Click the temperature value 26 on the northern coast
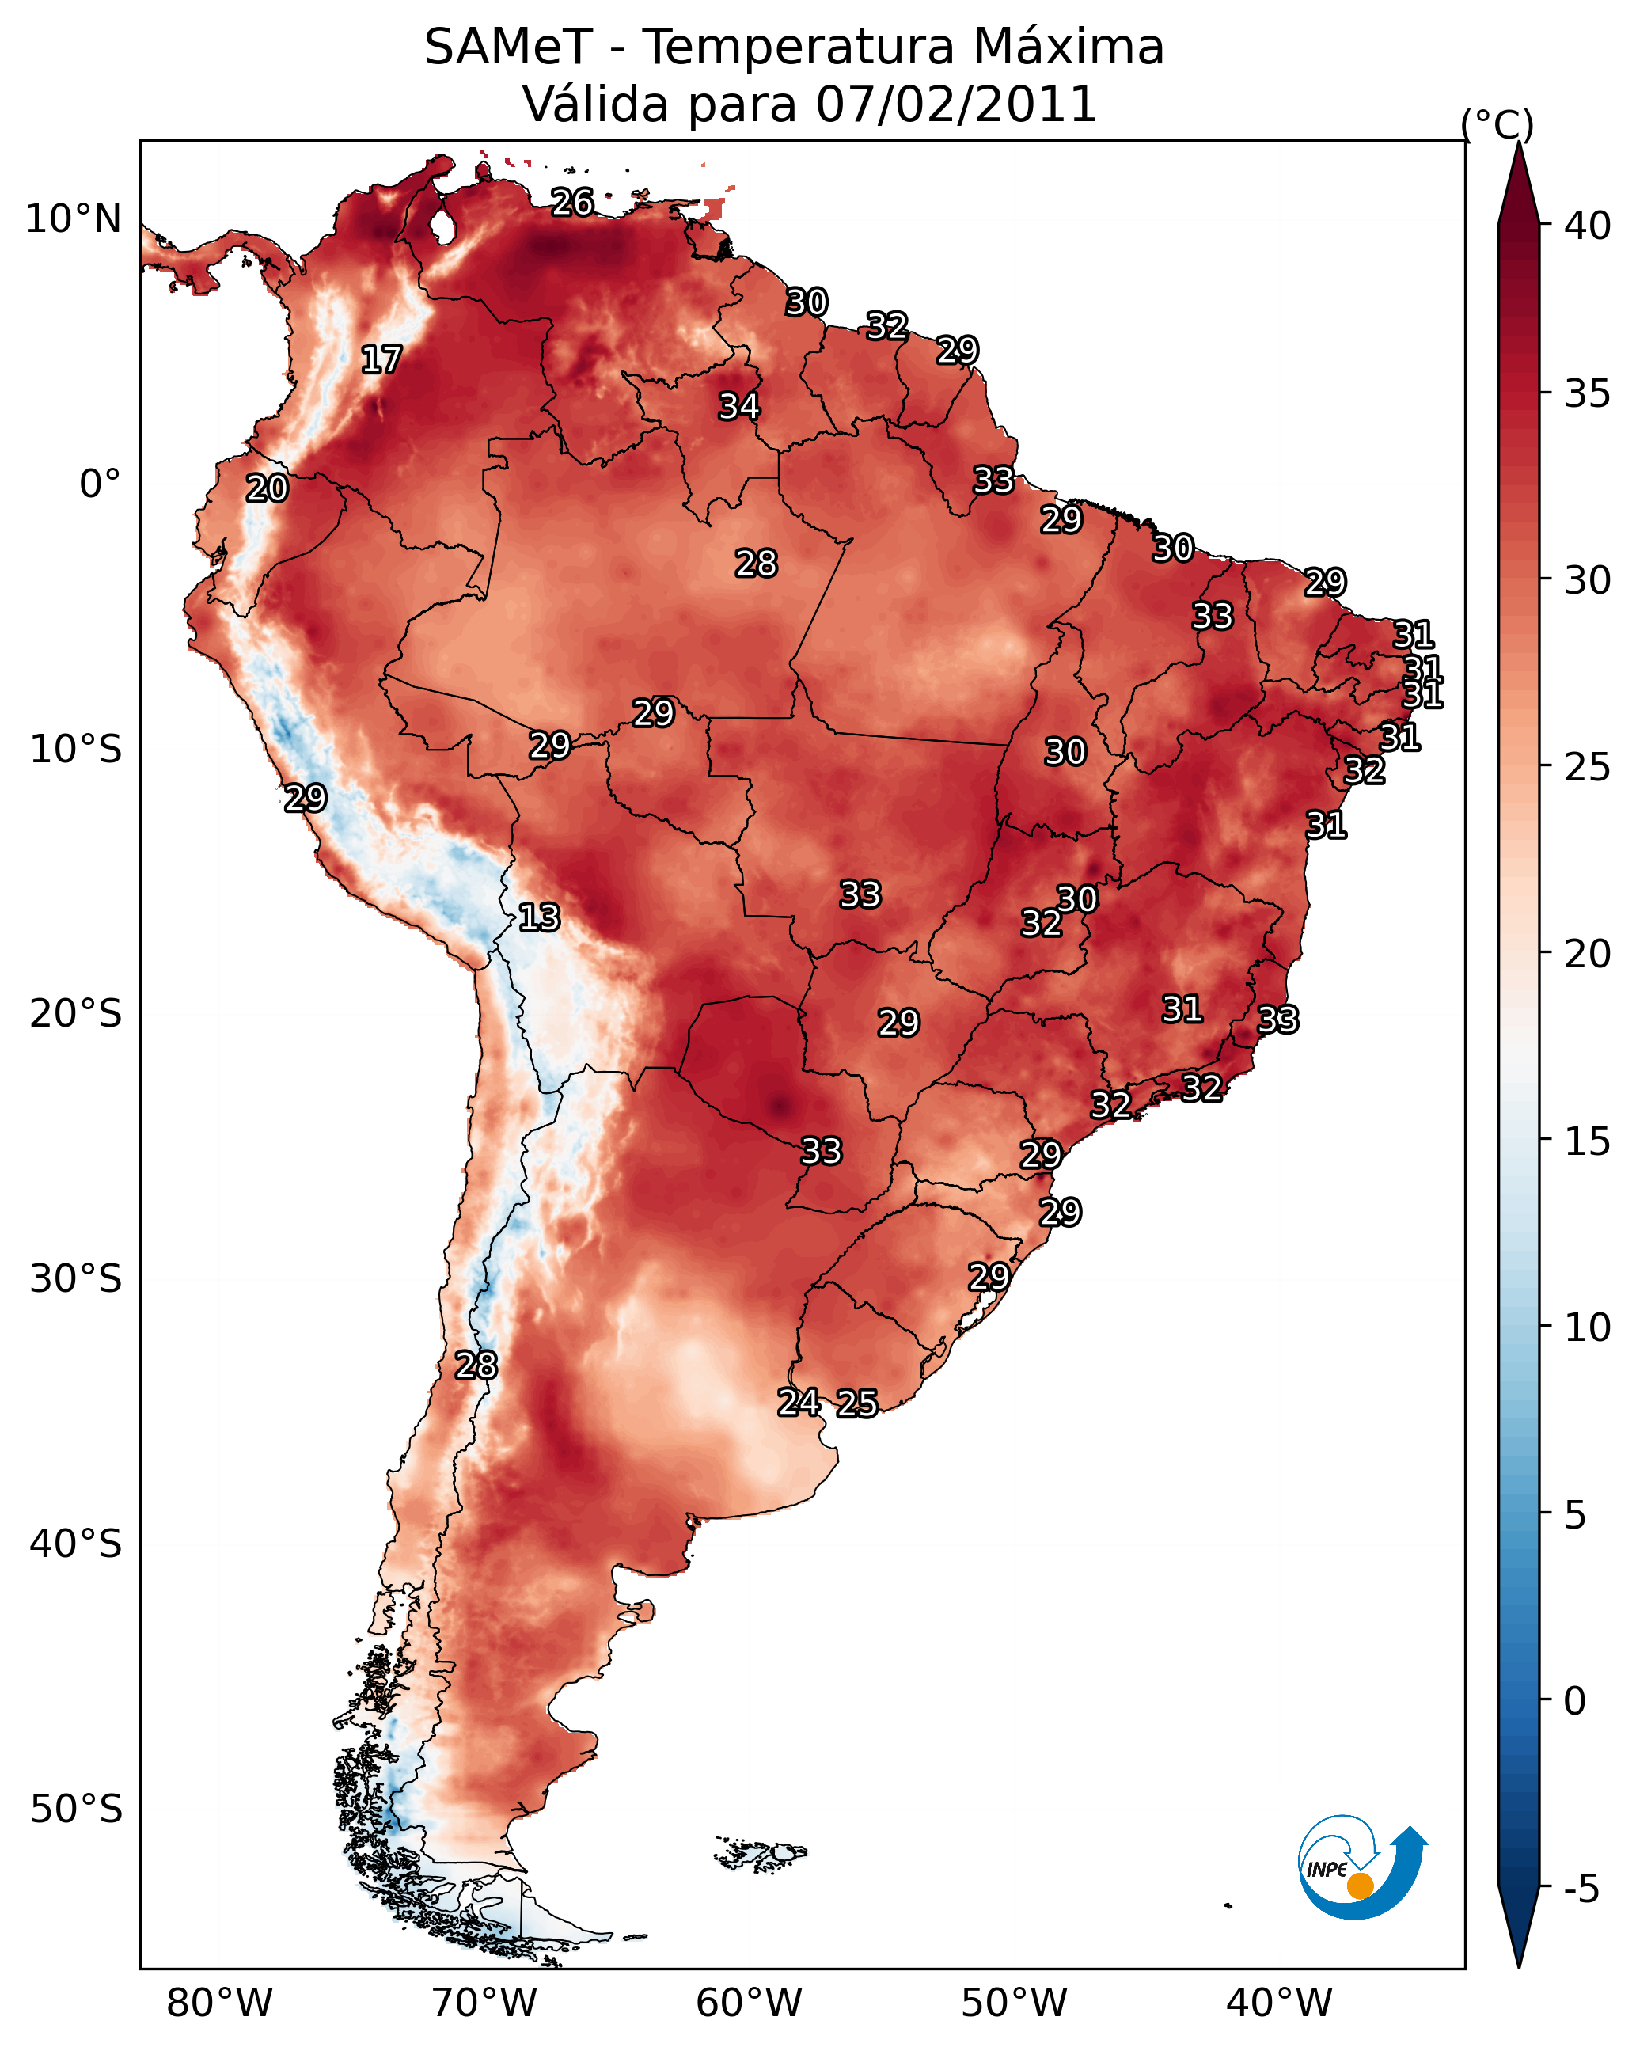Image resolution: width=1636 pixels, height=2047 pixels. point(572,202)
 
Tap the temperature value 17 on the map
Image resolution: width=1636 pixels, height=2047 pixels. point(381,360)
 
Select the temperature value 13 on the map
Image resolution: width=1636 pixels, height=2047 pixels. point(539,917)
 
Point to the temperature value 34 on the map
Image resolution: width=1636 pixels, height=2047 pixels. point(738,406)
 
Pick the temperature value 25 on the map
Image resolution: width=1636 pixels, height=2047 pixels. point(857,1403)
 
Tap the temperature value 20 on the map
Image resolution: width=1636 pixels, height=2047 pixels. point(267,488)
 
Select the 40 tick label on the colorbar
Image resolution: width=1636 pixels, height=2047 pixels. point(1588,226)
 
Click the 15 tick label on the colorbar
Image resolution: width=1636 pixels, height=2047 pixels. point(1588,1141)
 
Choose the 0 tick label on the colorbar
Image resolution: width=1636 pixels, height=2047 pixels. point(1575,1701)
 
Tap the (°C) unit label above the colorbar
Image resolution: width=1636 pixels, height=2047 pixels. point(1497,124)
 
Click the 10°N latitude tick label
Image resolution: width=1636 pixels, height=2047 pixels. point(73,219)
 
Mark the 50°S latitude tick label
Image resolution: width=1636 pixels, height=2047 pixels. point(76,1810)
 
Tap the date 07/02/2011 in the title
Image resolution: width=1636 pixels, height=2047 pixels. point(956,104)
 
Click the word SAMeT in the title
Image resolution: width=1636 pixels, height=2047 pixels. point(508,47)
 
